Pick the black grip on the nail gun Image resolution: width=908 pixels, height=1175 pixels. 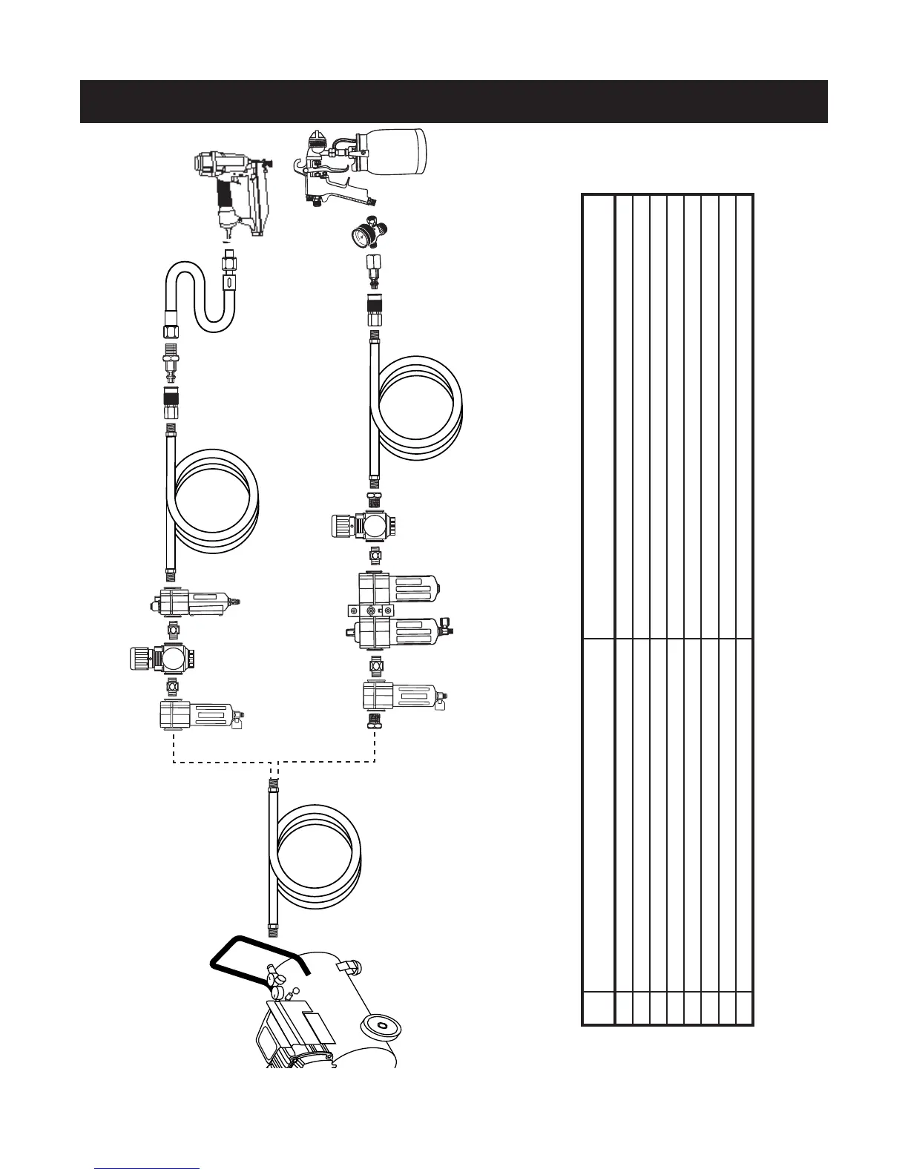220,197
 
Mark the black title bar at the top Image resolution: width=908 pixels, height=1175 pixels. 453,102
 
